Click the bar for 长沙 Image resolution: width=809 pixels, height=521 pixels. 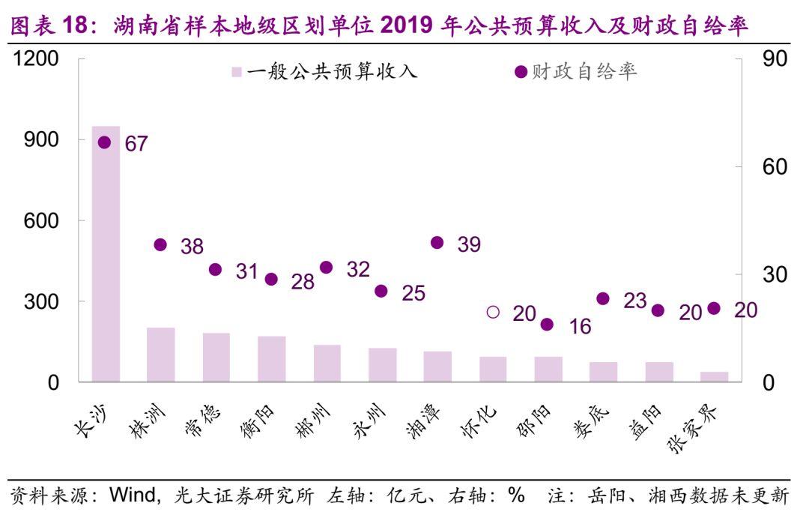pyautogui.click(x=106, y=254)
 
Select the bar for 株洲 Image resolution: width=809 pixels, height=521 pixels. pyautogui.click(x=161, y=355)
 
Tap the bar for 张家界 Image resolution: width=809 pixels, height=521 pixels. pyautogui.click(x=714, y=376)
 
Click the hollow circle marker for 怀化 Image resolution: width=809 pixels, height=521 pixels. pyautogui.click(x=493, y=312)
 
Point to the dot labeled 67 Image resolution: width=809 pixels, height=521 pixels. pyautogui.click(x=105, y=142)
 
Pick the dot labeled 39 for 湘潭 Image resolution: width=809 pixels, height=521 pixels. pyautogui.click(x=437, y=242)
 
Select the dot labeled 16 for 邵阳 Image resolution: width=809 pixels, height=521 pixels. pyautogui.click(x=548, y=325)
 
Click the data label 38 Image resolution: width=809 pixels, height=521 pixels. pyautogui.click(x=192, y=246)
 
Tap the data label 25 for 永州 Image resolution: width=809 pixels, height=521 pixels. pyautogui.click(x=413, y=293)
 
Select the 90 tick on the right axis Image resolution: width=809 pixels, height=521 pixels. pyautogui.click(x=775, y=59)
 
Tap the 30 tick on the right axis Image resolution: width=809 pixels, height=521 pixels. pyautogui.click(x=775, y=275)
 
